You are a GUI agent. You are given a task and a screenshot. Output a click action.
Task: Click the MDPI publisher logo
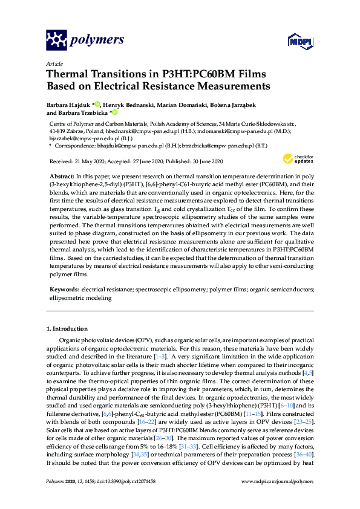tap(299, 41)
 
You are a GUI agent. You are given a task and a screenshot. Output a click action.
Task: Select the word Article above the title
tap(54, 63)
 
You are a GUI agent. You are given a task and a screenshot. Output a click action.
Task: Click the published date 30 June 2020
tap(203, 161)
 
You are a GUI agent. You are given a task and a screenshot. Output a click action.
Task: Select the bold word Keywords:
tap(64, 290)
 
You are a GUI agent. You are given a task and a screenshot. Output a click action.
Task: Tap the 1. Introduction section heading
tap(67, 329)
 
